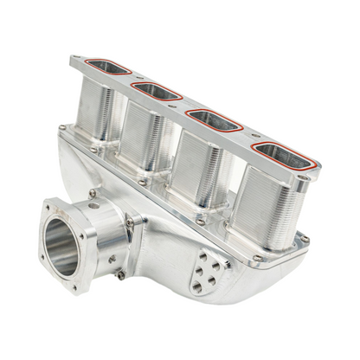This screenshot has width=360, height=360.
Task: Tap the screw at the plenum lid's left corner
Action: [x=61, y=128]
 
